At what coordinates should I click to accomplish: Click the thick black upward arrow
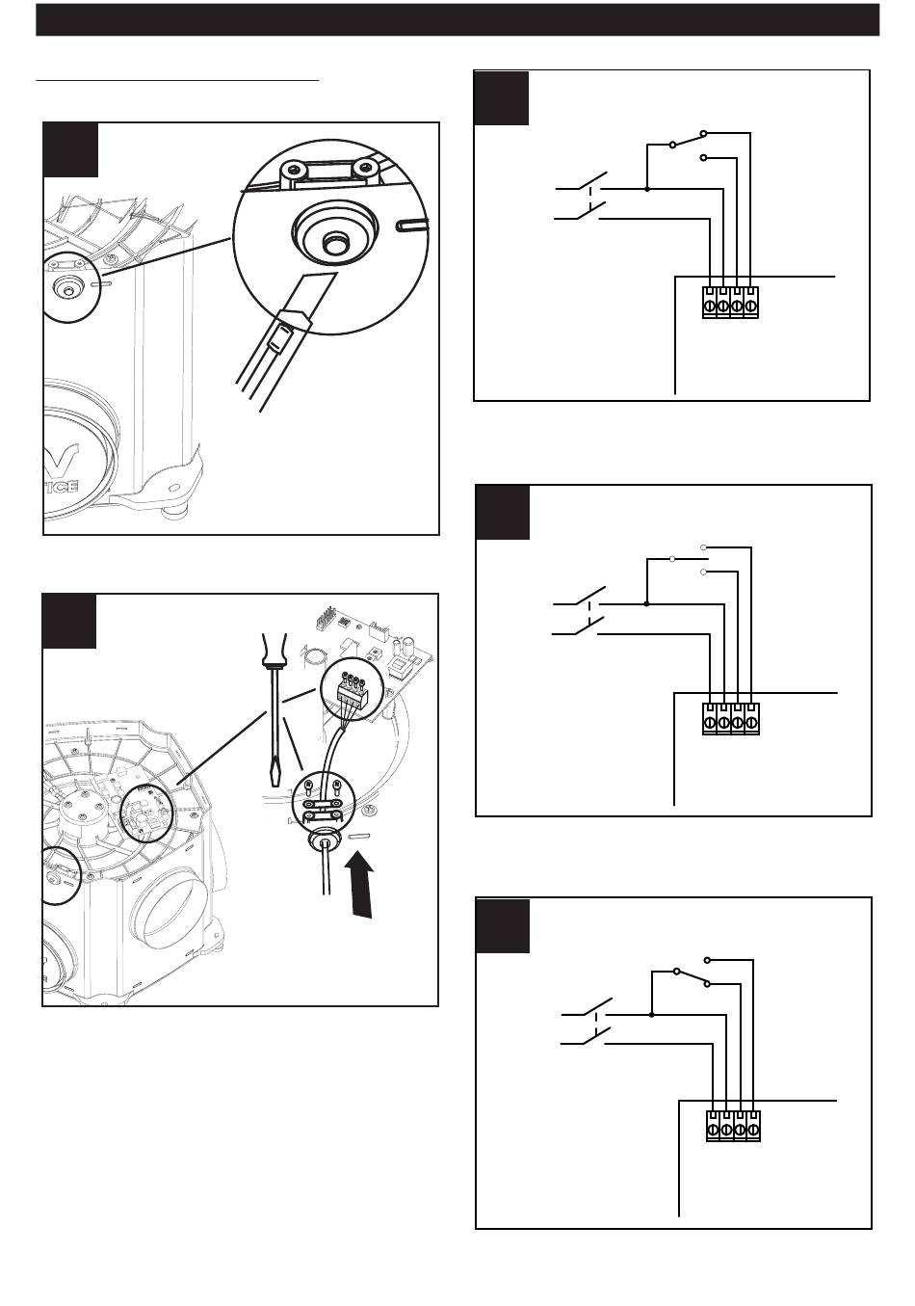point(361,888)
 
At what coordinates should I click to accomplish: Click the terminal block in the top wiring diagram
point(730,302)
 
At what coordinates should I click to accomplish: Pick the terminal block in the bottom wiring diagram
point(734,1126)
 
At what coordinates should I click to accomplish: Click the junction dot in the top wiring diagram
point(646,189)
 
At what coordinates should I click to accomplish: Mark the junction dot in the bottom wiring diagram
point(652,1014)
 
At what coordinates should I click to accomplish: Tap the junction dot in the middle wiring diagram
point(646,604)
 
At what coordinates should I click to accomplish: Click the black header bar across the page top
point(457,19)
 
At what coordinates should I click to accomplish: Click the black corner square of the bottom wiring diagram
point(503,925)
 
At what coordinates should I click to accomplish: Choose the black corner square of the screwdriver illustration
point(69,621)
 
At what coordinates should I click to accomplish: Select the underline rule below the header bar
point(177,81)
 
